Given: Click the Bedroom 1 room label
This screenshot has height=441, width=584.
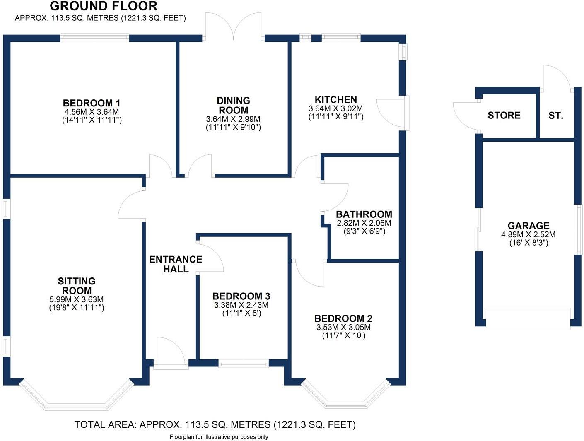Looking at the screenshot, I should [91, 103].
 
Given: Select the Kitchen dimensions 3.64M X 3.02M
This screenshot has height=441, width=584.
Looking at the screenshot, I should [335, 108].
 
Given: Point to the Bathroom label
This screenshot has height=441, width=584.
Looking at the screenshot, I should [364, 214].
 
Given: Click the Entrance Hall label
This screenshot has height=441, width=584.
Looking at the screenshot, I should [176, 264].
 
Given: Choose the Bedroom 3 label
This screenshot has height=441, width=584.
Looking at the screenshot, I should [241, 296].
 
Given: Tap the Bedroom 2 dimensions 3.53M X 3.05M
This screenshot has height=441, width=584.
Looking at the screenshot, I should [343, 327].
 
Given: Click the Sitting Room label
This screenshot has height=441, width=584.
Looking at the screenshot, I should [77, 286].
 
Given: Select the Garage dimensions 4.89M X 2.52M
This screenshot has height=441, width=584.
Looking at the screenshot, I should [528, 234].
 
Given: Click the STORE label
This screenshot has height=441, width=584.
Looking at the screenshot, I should [504, 116].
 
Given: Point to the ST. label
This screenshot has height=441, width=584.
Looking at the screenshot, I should [555, 116].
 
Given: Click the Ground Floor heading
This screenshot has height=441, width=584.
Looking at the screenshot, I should [104, 6].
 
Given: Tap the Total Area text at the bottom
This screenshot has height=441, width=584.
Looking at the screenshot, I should [215, 424].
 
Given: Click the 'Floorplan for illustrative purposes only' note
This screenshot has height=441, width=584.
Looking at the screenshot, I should [219, 437].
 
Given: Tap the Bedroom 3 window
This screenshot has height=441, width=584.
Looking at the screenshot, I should [244, 364].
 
